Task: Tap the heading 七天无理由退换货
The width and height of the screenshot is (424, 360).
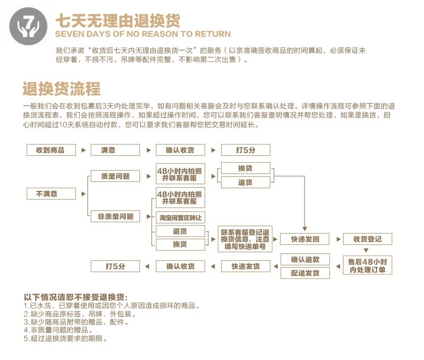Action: coord(118,20)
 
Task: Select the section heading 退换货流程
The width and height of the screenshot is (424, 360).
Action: coord(62,89)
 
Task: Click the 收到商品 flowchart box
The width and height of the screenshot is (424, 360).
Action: coord(50,150)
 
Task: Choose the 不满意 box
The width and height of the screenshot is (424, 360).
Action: coord(50,194)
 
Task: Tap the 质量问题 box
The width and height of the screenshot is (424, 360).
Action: coord(116,176)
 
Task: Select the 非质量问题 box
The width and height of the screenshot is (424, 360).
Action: coord(116,216)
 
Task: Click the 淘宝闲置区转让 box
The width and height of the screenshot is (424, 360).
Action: coord(180,218)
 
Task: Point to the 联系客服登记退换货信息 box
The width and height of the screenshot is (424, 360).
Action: coord(245,239)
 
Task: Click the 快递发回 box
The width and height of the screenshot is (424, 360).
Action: coord(305,239)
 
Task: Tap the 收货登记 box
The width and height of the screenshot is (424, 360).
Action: coord(367,239)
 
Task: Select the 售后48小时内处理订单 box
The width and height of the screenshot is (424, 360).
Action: coord(367,265)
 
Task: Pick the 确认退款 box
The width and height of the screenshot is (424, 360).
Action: coord(305,260)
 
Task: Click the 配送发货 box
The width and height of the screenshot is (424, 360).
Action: coord(305,273)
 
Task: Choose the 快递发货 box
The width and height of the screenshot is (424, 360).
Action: coord(245,266)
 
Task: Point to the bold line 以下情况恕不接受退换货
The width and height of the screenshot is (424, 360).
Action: coord(75,297)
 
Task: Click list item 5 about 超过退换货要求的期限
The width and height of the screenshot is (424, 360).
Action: coord(65,338)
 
